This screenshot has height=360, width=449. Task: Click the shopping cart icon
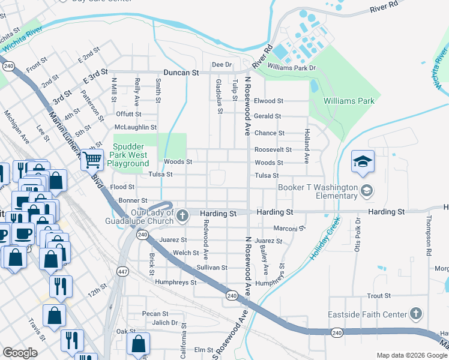(92, 160)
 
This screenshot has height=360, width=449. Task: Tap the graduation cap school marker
(363, 161)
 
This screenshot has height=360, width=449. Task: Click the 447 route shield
(122, 271)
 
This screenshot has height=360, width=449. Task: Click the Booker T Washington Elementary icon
(366, 191)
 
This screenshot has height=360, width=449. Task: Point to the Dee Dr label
(221, 64)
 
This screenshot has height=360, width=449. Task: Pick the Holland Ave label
(306, 146)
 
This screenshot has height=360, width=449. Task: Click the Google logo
(20, 353)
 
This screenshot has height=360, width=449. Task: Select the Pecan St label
(155, 313)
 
